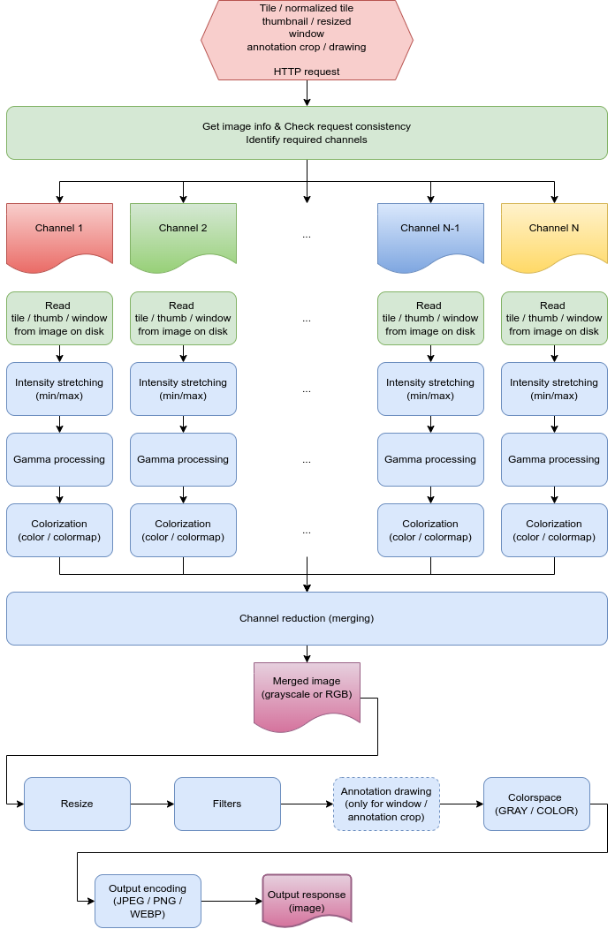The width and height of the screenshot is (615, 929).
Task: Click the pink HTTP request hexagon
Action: click(307, 40)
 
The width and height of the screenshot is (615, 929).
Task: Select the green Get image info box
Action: click(307, 132)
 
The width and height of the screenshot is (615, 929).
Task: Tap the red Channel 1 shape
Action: click(59, 232)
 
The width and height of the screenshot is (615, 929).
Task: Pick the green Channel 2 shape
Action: click(183, 232)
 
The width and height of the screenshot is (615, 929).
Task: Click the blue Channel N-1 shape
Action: click(430, 232)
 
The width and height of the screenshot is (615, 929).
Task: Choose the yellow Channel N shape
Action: click(554, 232)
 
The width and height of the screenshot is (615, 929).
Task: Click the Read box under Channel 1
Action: click(59, 318)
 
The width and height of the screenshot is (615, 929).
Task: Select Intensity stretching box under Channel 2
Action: click(183, 389)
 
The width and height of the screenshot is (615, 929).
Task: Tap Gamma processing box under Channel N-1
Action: click(430, 459)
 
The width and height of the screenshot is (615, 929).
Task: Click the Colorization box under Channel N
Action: click(554, 530)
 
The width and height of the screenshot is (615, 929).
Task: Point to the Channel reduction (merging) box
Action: click(307, 618)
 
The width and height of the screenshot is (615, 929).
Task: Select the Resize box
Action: click(77, 804)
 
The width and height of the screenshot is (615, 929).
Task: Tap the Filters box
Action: click(227, 804)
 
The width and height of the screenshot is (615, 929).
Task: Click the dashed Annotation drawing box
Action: click(386, 804)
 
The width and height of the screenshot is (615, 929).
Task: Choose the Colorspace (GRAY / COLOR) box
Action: click(536, 804)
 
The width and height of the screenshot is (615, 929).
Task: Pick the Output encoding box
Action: click(148, 901)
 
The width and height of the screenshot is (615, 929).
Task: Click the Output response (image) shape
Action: click(307, 899)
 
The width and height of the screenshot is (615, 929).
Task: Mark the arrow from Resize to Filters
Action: click(152, 804)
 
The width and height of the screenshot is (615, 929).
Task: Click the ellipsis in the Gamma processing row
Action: click(307, 460)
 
